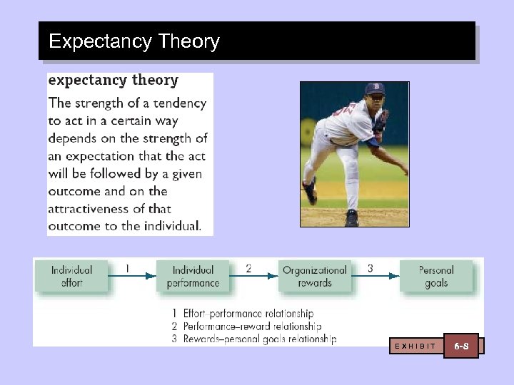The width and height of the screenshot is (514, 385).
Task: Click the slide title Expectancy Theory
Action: tap(134, 41)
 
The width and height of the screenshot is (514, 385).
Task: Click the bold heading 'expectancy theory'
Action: tap(113, 80)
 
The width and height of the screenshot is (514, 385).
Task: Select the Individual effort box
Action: tap(71, 276)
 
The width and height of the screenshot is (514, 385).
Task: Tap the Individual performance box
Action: tap(193, 276)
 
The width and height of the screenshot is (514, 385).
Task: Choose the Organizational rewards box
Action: tap(315, 276)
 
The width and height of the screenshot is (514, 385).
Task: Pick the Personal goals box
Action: tap(435, 276)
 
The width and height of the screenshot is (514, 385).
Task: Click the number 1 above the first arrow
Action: tap(127, 269)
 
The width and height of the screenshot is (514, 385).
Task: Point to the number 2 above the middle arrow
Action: tap(248, 269)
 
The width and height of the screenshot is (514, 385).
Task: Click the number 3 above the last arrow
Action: tap(370, 269)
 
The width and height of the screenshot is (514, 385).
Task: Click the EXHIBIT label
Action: tap(415, 346)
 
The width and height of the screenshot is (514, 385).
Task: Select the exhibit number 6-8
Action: tap(461, 346)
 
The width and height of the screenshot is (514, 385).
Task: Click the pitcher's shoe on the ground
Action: tap(351, 218)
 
